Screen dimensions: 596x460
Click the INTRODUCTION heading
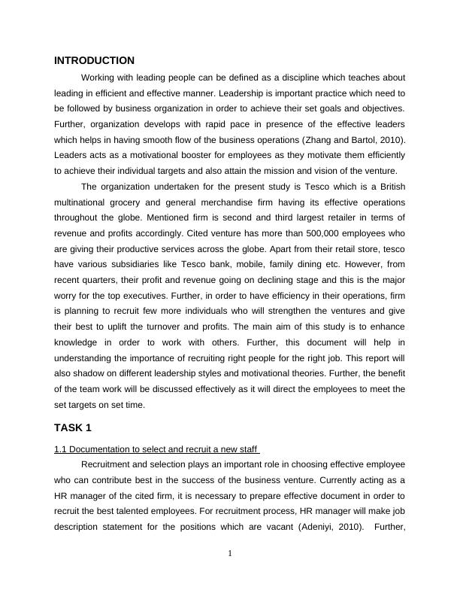[x=94, y=60]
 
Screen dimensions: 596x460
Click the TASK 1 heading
[x=73, y=428]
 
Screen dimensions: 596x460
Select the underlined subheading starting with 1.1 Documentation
[x=157, y=450]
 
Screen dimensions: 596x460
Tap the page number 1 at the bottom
[x=230, y=555]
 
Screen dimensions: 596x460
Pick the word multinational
[x=84, y=203]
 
